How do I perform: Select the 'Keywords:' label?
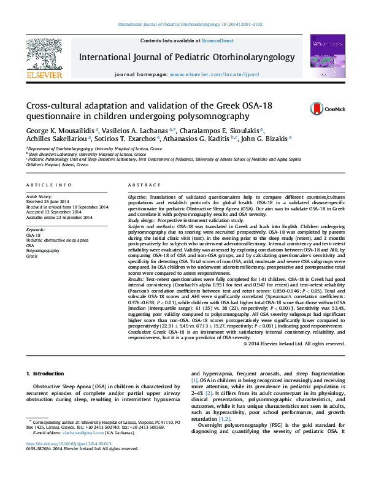[36, 229]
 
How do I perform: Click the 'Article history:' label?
[39, 196]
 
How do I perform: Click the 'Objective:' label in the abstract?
[139, 196]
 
